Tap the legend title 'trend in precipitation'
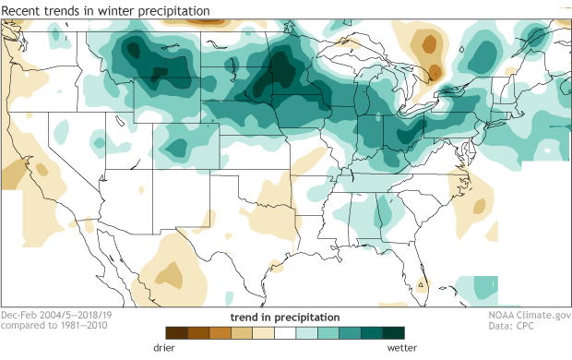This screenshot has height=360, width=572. click(x=284, y=317)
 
